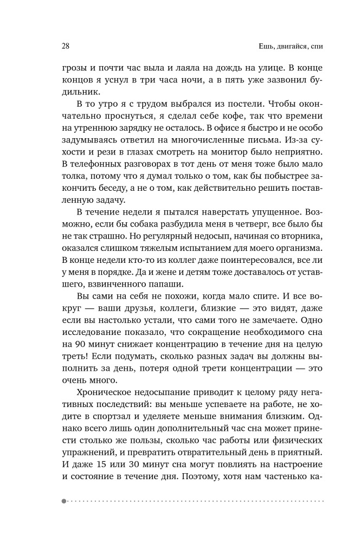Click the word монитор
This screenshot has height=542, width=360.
point(237,156)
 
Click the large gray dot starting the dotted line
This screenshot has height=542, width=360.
point(64,501)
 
